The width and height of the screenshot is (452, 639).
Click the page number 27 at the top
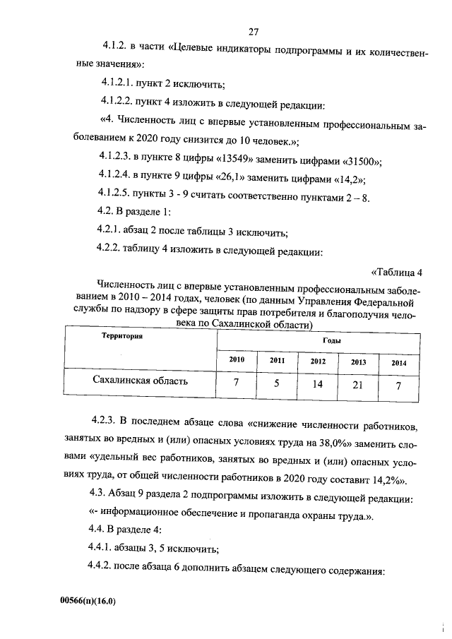[x=255, y=31]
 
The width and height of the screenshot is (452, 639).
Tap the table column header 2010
[x=237, y=360]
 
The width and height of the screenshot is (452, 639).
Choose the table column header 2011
[x=277, y=360]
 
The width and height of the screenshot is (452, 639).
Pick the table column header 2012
[x=318, y=361]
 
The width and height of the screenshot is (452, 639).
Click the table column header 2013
[x=358, y=362]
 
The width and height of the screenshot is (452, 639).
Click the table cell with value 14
[x=318, y=385]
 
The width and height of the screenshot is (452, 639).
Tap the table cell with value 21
[x=358, y=385]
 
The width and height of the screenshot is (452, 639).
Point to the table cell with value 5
[x=277, y=383]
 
